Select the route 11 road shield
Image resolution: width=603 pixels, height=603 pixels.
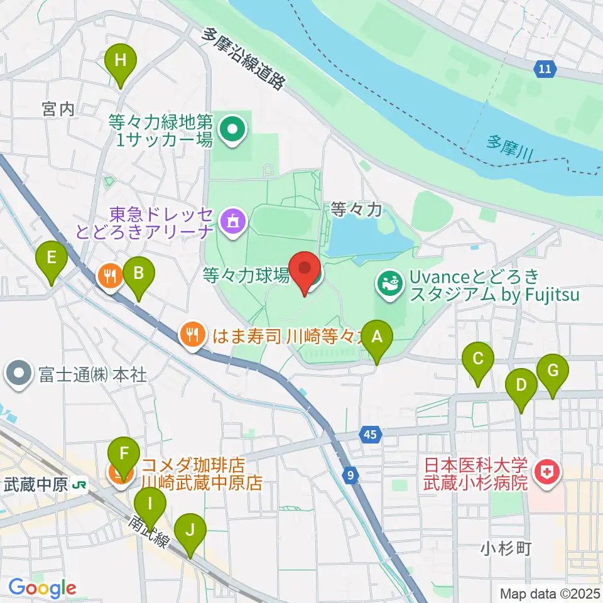click(546, 69)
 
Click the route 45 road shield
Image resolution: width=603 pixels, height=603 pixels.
click(371, 434)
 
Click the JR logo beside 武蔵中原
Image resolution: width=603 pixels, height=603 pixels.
click(79, 485)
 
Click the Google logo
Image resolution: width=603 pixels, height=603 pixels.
click(43, 589)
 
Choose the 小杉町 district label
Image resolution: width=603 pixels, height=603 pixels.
click(506, 548)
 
